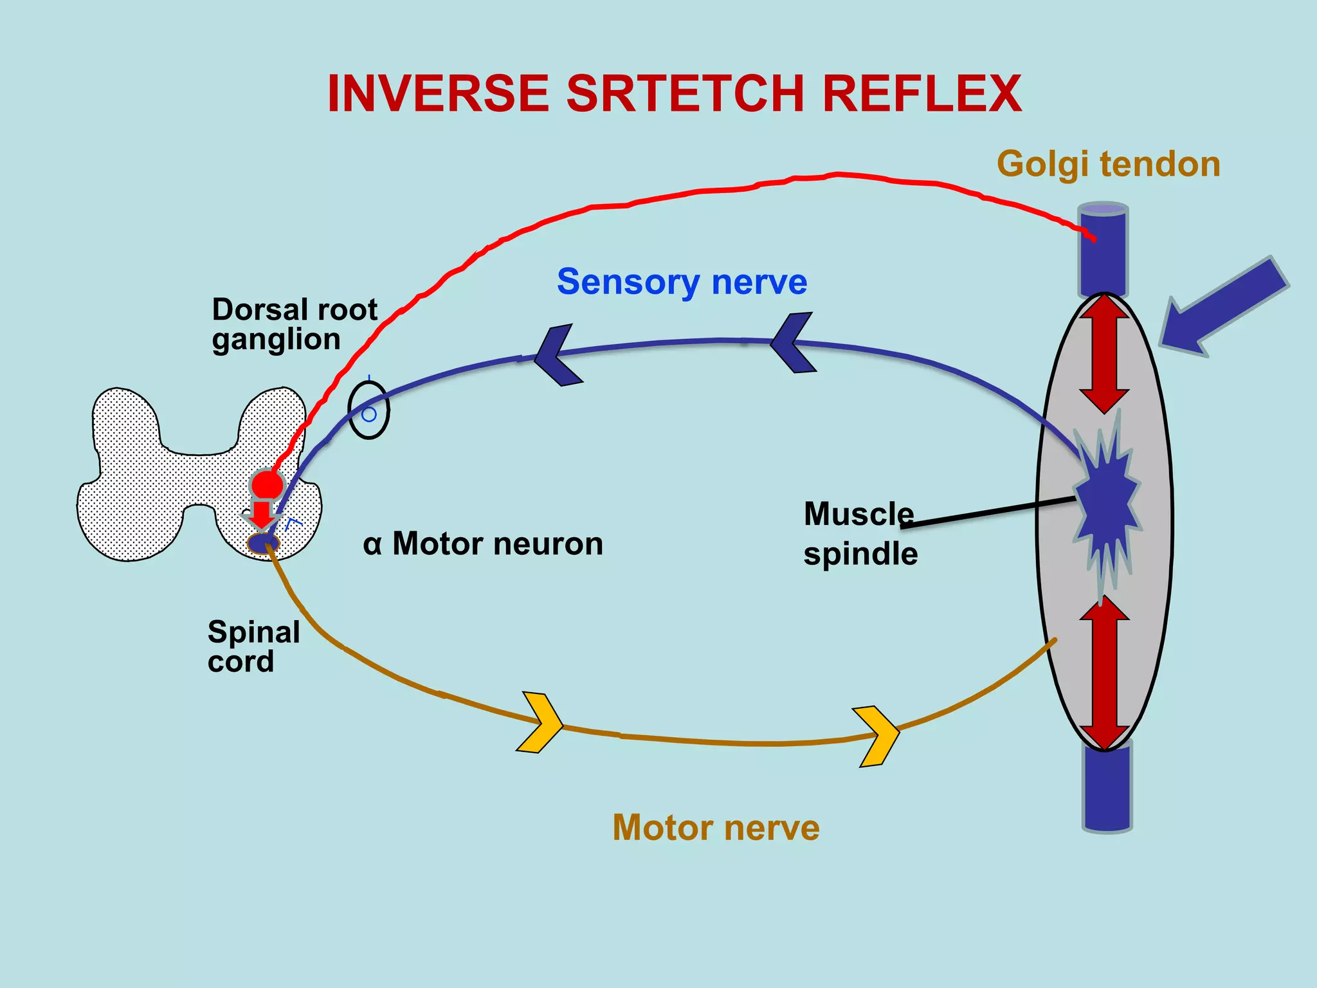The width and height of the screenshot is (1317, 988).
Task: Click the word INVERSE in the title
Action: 438,94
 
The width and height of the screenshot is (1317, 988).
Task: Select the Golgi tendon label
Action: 1108,164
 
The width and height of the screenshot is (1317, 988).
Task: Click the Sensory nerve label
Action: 682,282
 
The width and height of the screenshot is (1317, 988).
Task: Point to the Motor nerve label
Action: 716,827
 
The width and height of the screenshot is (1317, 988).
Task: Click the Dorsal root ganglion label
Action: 294,324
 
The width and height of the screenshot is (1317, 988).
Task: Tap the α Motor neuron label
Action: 483,544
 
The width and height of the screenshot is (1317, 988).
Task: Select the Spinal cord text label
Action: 253,646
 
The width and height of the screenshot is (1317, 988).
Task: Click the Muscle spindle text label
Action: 860,534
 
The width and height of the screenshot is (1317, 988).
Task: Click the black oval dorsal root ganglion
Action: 368,410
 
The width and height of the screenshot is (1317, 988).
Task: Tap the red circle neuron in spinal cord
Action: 267,484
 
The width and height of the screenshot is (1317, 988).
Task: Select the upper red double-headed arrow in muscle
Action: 1104,353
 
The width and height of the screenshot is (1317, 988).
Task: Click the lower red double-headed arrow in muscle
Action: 1104,673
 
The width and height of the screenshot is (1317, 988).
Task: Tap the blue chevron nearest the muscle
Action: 793,343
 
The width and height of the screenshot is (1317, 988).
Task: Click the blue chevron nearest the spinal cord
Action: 557,356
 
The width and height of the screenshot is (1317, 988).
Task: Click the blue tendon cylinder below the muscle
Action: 1107,788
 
